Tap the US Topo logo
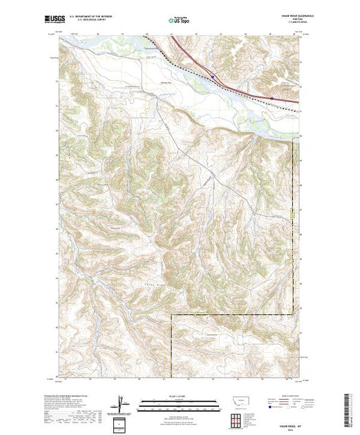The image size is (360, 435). tap(180, 21)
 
